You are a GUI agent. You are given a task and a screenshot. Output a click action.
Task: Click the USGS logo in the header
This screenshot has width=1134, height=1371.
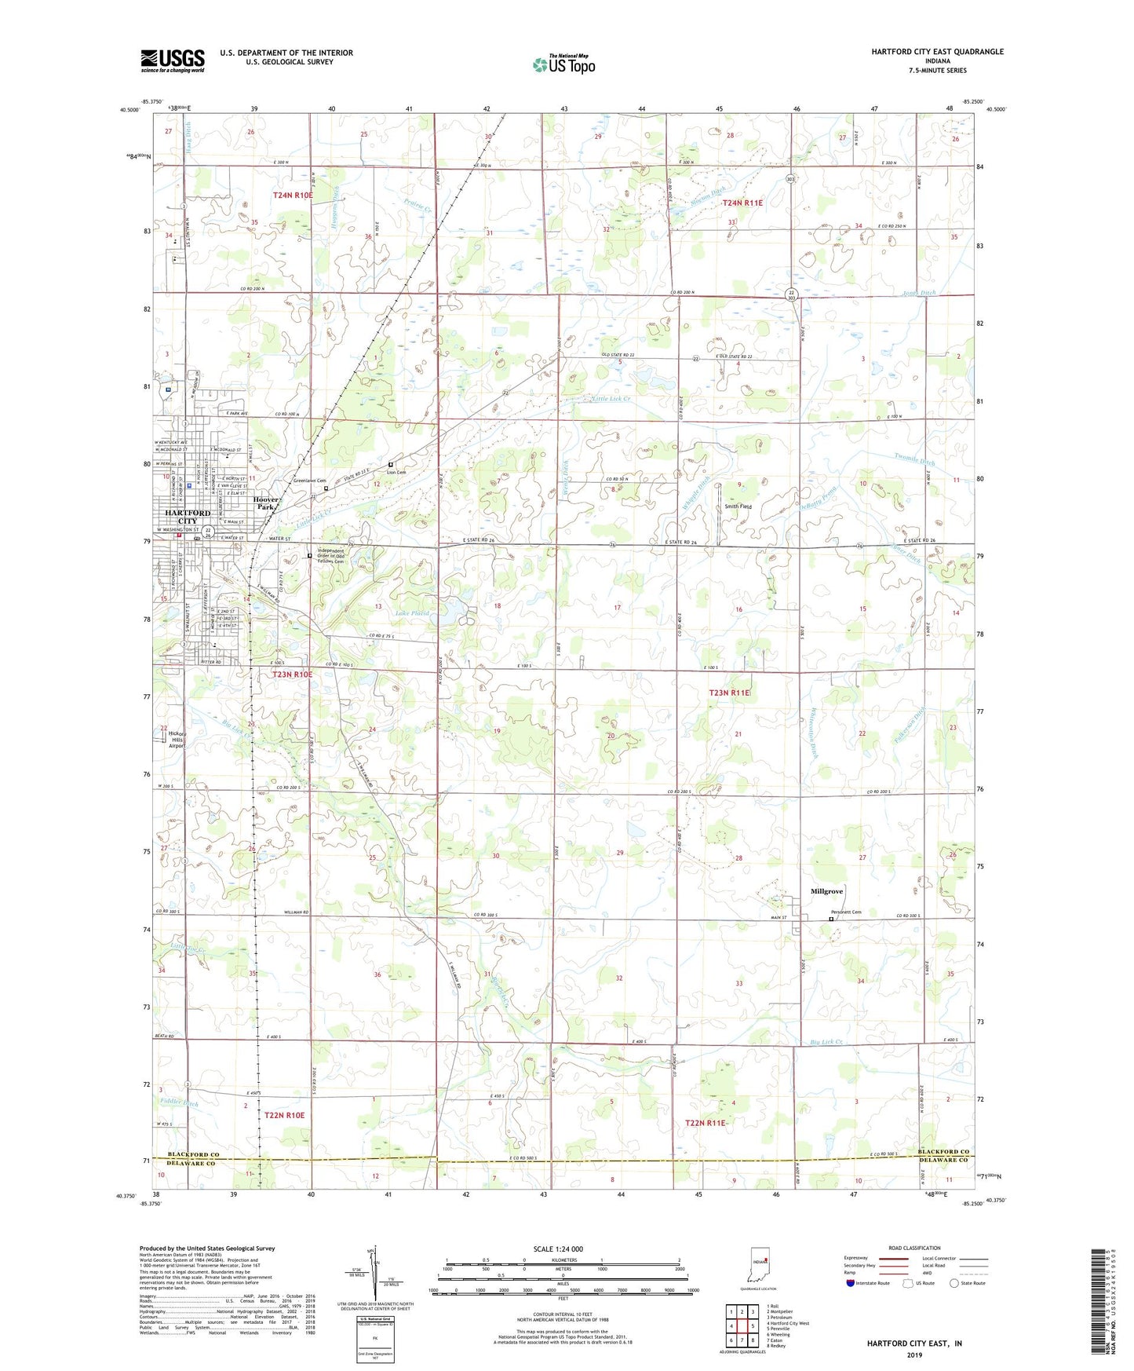(x=173, y=60)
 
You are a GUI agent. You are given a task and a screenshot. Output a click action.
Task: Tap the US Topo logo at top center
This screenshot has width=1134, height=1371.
(x=563, y=64)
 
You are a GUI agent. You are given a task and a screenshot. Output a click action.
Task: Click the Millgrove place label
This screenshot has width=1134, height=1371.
(x=826, y=891)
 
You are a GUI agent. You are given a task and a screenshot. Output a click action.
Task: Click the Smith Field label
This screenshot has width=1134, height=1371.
(x=738, y=506)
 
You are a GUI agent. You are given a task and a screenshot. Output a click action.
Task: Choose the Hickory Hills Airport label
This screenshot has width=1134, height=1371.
(x=177, y=740)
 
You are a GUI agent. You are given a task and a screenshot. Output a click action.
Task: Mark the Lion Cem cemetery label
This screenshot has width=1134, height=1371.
(x=396, y=472)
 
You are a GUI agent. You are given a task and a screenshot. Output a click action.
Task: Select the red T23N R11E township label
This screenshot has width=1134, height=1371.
(x=730, y=693)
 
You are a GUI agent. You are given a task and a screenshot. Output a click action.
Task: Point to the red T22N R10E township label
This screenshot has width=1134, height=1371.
(x=284, y=1115)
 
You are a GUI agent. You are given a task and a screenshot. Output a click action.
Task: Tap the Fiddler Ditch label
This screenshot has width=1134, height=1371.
(x=180, y=1103)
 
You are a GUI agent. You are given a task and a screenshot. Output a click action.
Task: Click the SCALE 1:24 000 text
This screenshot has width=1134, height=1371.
(x=558, y=1249)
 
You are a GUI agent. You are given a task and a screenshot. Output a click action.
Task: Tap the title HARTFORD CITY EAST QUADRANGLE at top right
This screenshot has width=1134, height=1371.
(x=937, y=52)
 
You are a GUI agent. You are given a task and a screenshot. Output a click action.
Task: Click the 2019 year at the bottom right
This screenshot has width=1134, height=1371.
(x=914, y=1355)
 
